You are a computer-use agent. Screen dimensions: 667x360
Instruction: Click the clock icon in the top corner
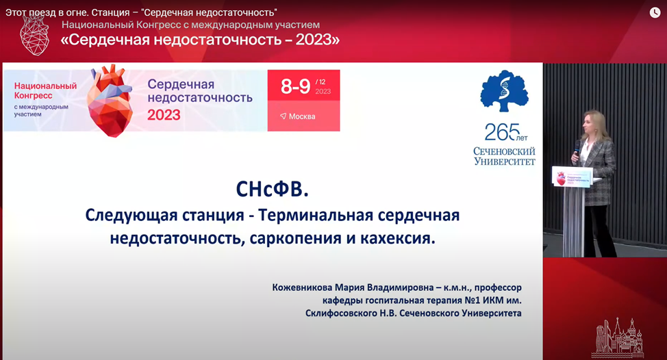655,13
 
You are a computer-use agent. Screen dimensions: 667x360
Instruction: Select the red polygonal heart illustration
110,101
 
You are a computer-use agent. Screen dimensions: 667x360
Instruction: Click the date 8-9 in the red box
295,86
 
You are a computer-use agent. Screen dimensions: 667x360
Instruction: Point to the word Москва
302,116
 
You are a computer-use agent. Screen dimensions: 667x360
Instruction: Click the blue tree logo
505,91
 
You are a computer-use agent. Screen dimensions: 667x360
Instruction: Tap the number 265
503,132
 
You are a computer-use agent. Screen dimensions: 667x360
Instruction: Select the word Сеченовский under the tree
505,151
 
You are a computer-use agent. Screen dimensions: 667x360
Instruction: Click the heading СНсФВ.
273,189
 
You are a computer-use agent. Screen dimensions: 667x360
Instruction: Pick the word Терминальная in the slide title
316,215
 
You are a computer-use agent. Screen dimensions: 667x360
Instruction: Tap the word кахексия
398,238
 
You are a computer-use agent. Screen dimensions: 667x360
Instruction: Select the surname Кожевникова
302,287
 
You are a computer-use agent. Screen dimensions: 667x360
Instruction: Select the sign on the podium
573,177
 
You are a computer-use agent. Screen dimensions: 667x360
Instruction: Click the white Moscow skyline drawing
617,338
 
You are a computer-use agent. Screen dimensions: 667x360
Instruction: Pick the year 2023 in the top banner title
314,40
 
